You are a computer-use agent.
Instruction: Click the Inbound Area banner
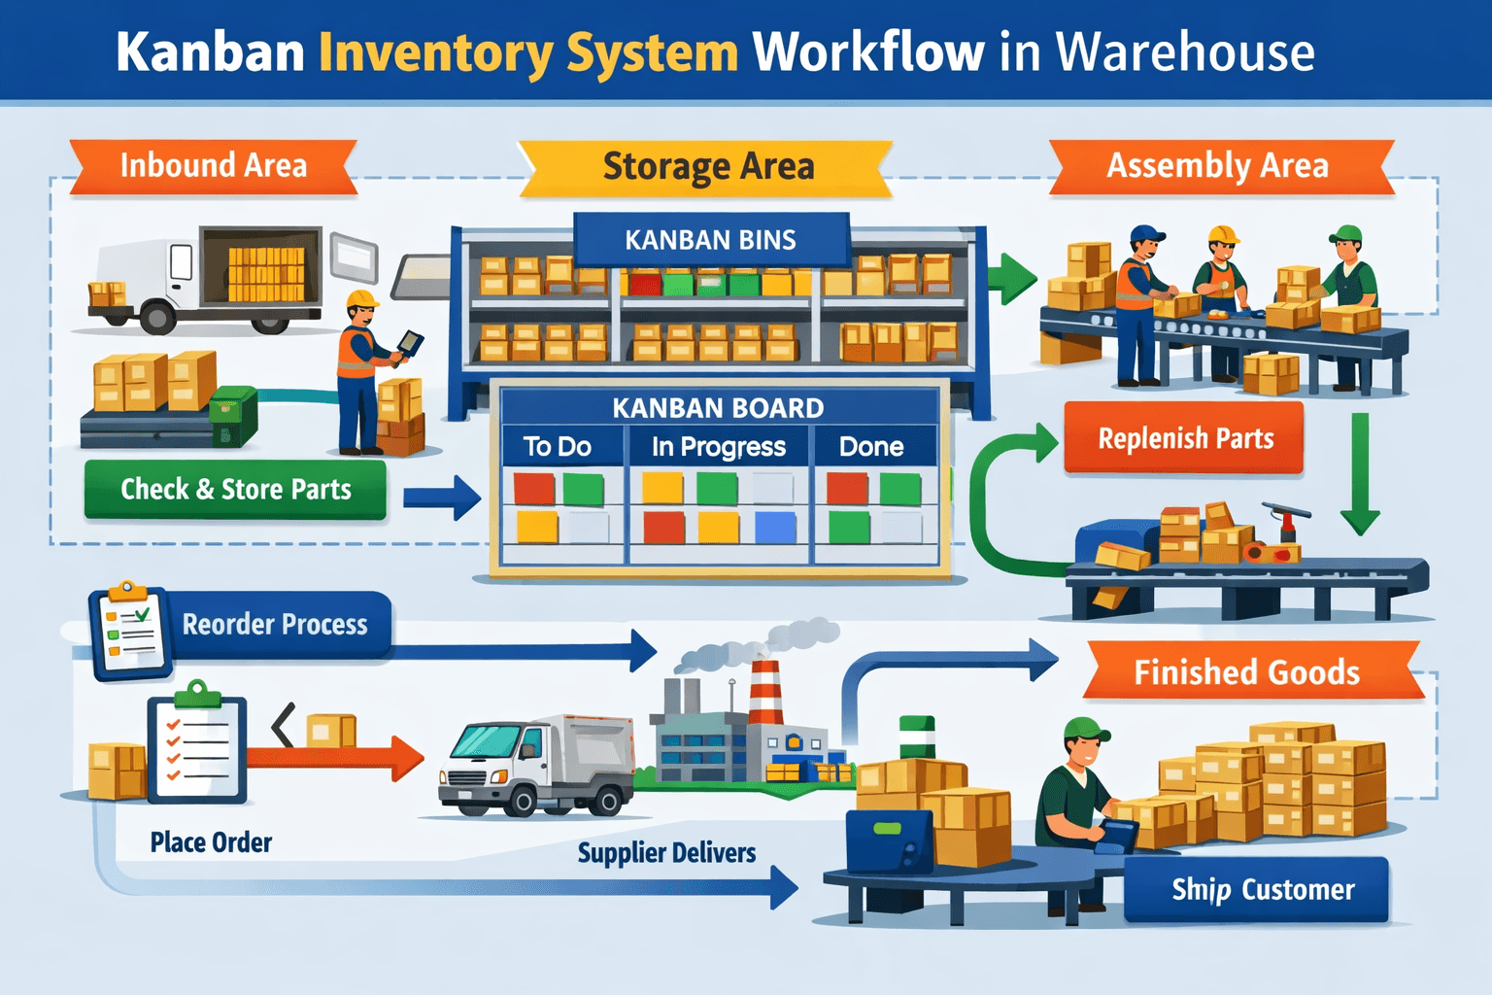pyautogui.click(x=213, y=166)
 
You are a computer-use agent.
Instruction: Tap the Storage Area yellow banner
pyautogui.click(x=708, y=167)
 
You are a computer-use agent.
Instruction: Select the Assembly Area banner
pyautogui.click(x=1217, y=166)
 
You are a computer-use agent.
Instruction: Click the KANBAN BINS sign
pyautogui.click(x=710, y=240)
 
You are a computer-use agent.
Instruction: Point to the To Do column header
pyautogui.click(x=557, y=447)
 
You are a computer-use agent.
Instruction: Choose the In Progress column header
pyautogui.click(x=718, y=447)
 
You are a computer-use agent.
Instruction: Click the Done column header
pyautogui.click(x=871, y=447)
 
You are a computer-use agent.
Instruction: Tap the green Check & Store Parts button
pyautogui.click(x=235, y=489)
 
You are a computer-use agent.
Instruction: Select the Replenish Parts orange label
pyautogui.click(x=1185, y=439)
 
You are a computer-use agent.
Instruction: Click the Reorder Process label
pyautogui.click(x=275, y=624)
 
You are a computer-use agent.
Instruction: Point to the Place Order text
pyautogui.click(x=211, y=842)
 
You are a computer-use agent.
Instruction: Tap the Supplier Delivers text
pyautogui.click(x=666, y=853)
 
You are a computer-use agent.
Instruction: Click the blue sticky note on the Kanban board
pyautogui.click(x=775, y=528)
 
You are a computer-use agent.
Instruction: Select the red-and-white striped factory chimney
pyautogui.click(x=765, y=691)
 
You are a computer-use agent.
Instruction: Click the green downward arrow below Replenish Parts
pyautogui.click(x=1360, y=476)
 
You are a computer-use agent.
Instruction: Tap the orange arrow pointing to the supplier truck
pyautogui.click(x=340, y=757)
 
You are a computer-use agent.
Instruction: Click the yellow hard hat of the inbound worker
pyautogui.click(x=361, y=298)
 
